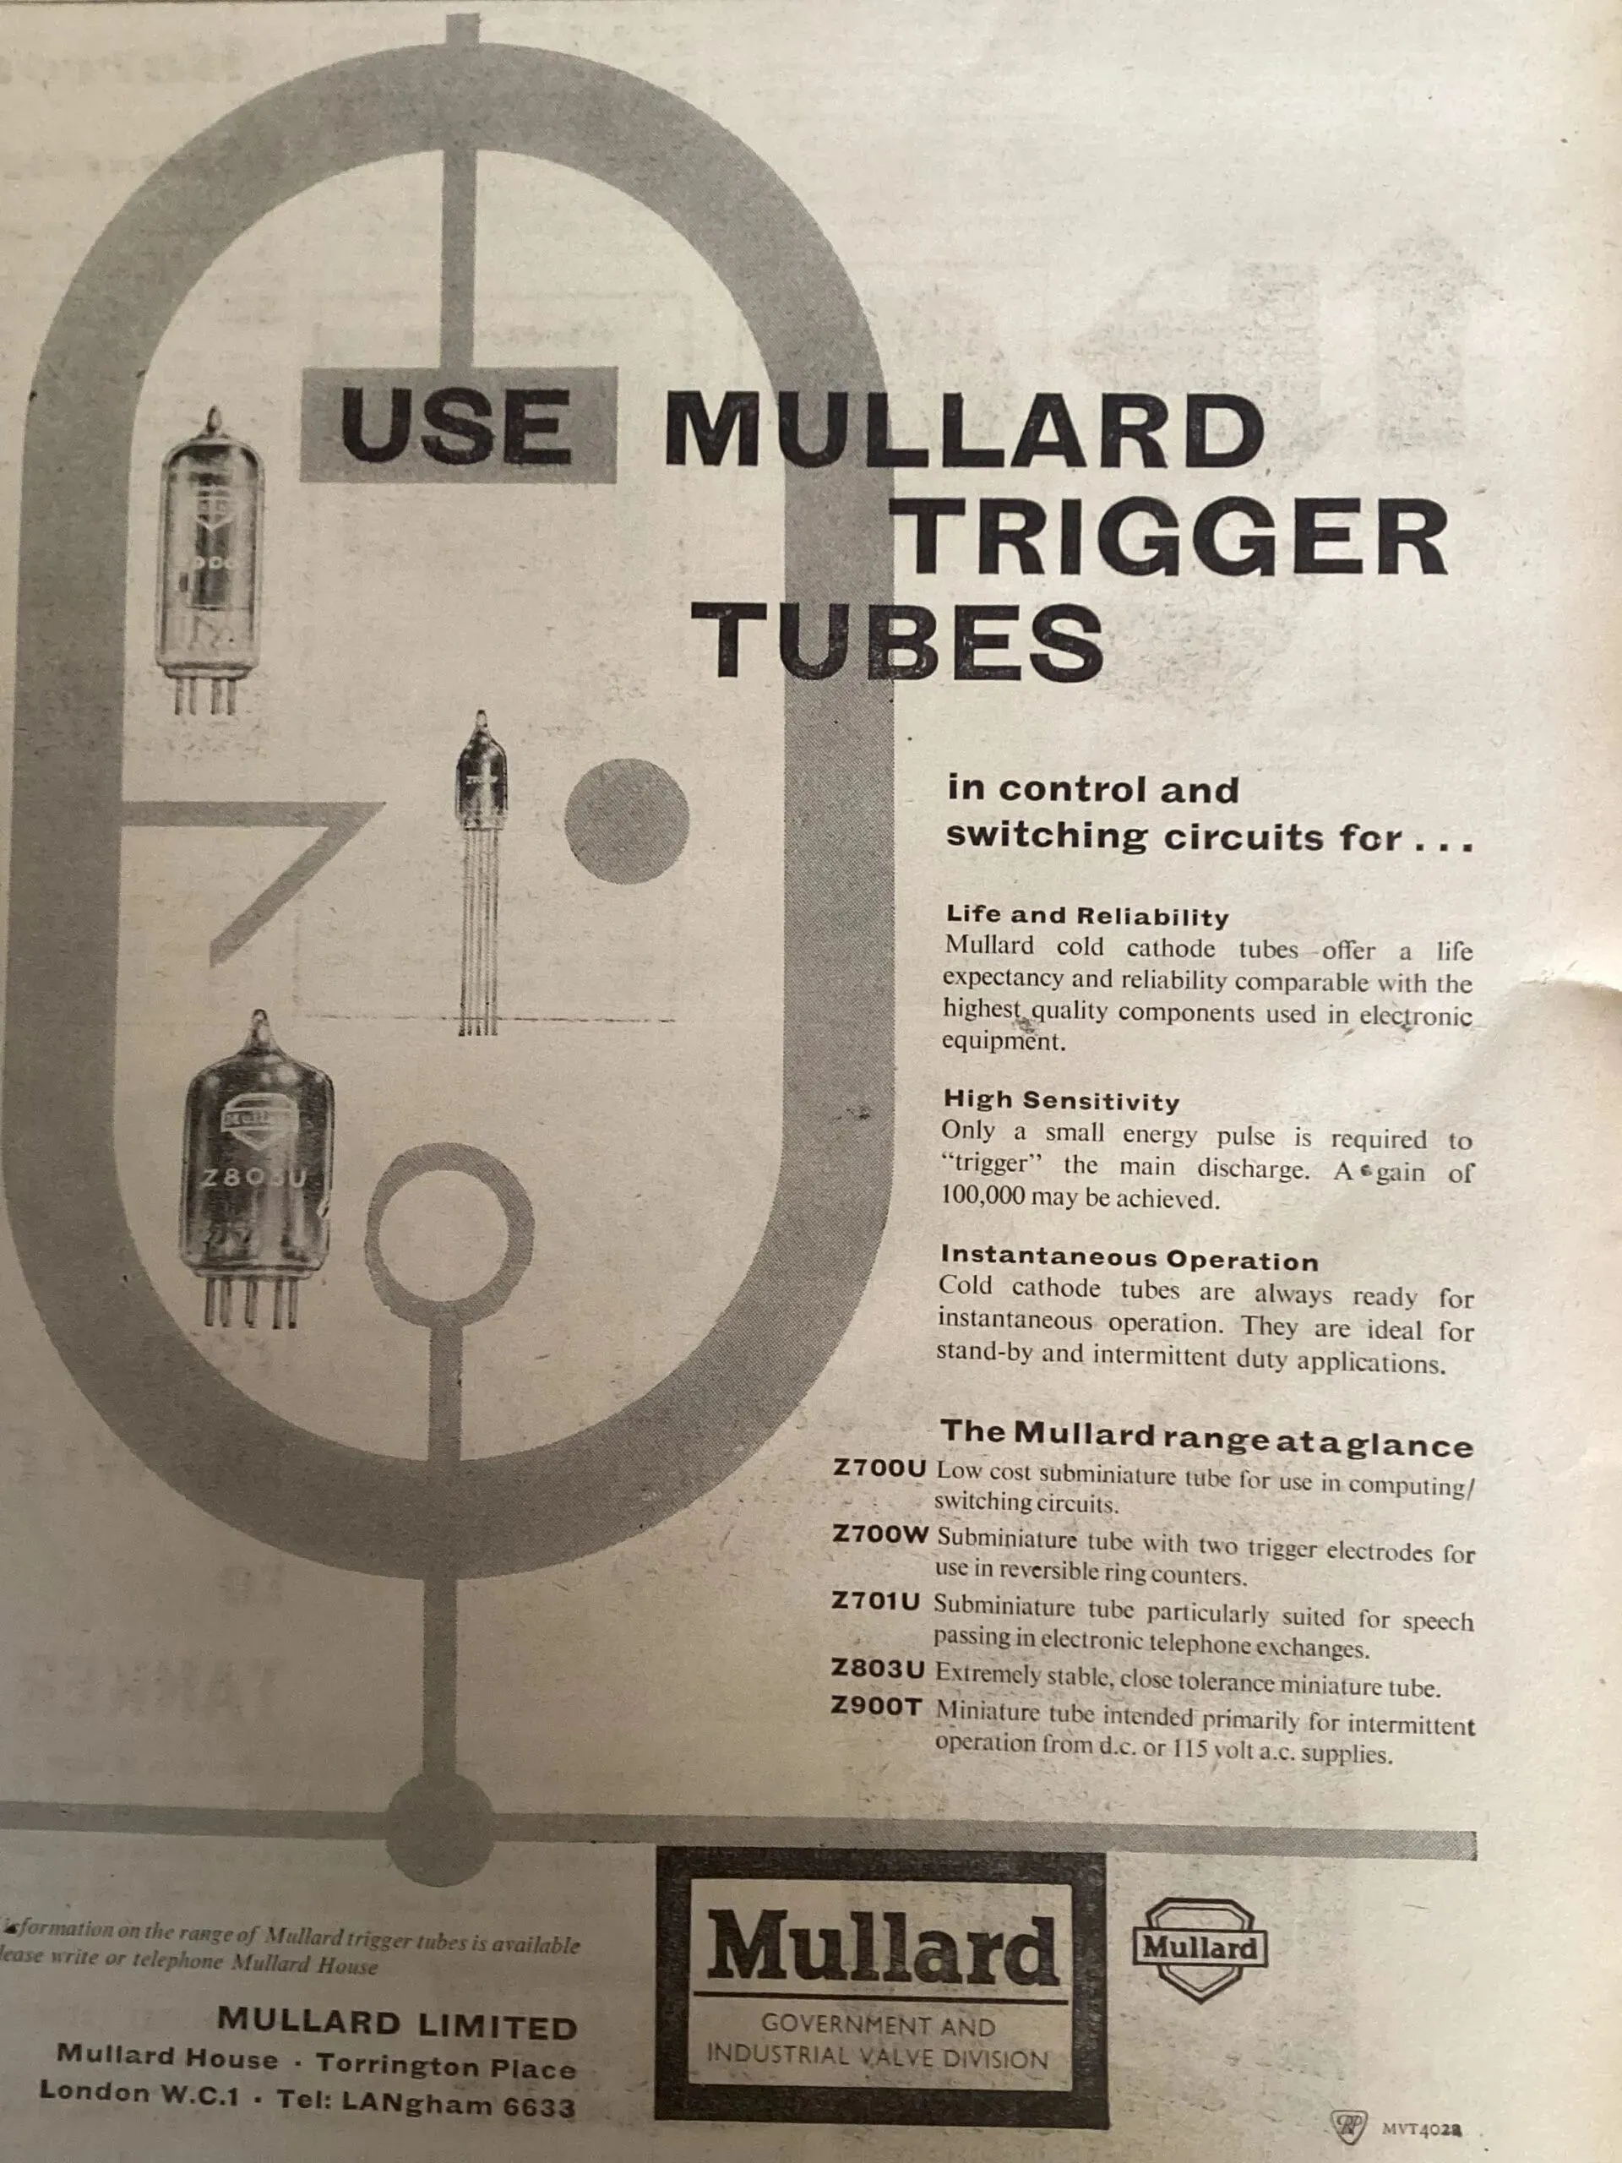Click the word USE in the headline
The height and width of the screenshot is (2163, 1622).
(456, 428)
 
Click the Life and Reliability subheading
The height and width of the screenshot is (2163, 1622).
(1086, 916)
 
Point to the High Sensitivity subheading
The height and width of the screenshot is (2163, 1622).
(1060, 1101)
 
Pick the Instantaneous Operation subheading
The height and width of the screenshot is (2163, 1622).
(1129, 1258)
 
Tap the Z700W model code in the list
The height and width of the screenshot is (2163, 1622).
(879, 1534)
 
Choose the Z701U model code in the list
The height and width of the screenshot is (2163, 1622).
(876, 1601)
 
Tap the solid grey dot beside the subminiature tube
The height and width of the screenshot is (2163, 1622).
(627, 820)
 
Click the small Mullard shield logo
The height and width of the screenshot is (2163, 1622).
(1200, 1947)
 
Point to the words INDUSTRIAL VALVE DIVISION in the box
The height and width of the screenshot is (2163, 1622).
(877, 2056)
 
